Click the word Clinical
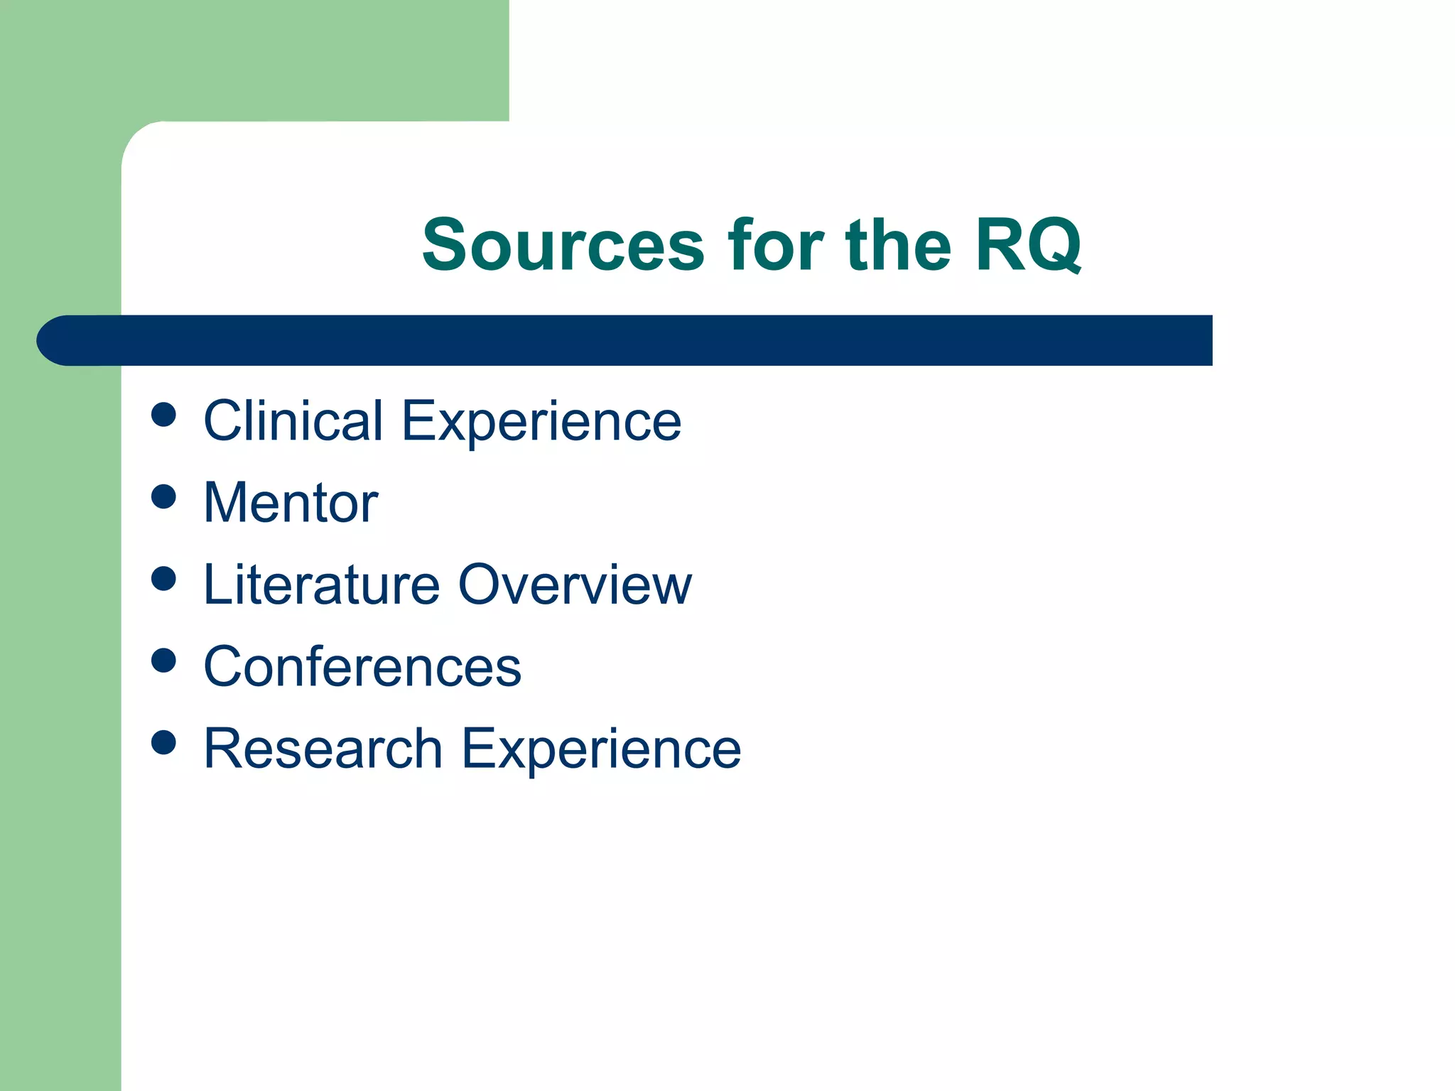(293, 420)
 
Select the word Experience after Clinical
(541, 422)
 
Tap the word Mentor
(291, 503)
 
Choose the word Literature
(322, 585)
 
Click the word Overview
(575, 585)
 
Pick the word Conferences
(362, 667)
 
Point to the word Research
(323, 749)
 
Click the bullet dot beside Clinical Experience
(163, 415)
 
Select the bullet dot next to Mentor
(163, 496)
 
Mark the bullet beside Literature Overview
(163, 578)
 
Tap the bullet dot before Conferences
(163, 661)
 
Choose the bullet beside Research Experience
(163, 742)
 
